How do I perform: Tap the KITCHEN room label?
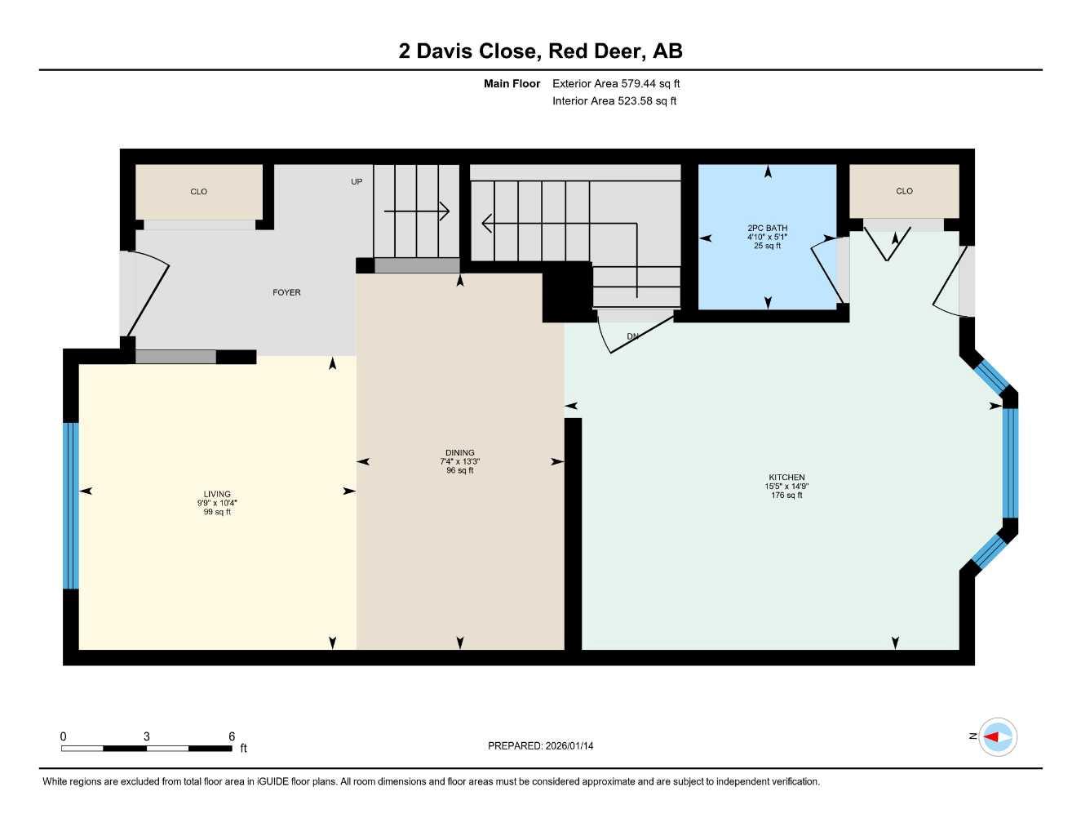point(786,478)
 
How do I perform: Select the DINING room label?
point(460,452)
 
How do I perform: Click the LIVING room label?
point(217,494)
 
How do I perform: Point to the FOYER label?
point(286,292)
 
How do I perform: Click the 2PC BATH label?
point(767,229)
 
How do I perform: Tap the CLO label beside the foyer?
point(199,192)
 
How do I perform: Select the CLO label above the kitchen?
point(904,191)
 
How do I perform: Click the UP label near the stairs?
point(357,181)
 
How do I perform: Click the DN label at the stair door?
point(633,336)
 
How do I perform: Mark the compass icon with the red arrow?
point(997,737)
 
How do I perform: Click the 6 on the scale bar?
point(232,736)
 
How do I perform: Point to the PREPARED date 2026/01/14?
point(540,746)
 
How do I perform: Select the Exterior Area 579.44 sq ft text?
point(616,83)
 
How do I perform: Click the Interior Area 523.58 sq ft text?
point(614,101)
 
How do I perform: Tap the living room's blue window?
point(71,505)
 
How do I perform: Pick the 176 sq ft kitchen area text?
point(786,496)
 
